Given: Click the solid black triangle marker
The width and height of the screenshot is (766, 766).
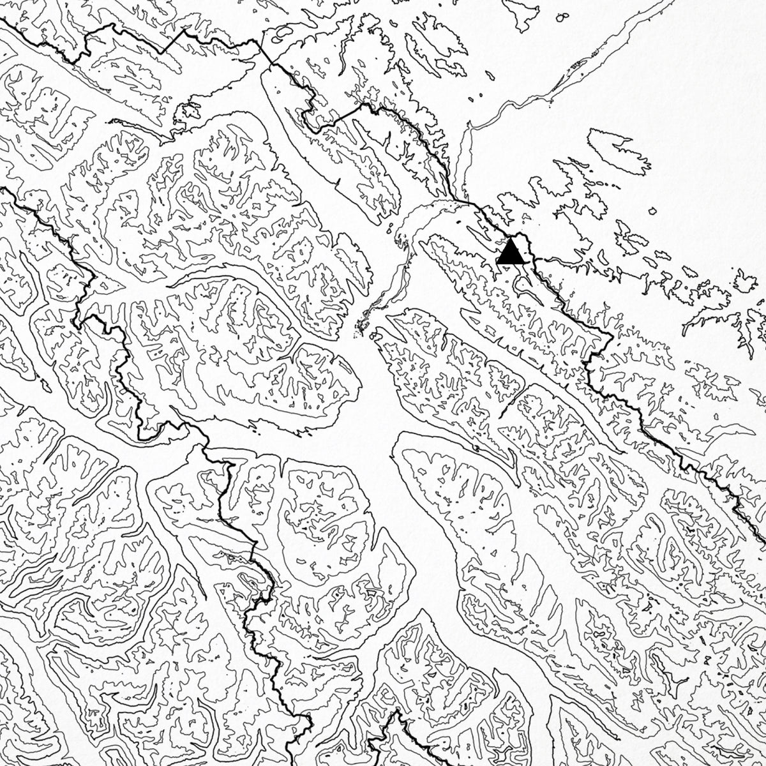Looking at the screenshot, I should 510,253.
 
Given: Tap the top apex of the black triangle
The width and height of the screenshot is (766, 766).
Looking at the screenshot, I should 510,239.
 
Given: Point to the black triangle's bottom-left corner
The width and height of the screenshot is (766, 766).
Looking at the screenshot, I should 497,264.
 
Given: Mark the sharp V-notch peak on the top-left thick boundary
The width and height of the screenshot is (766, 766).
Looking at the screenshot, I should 185,30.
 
